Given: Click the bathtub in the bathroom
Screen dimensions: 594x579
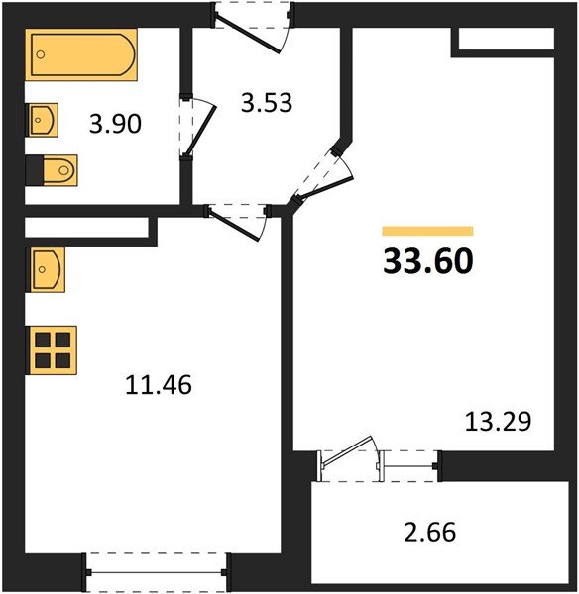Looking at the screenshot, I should click(x=82, y=58).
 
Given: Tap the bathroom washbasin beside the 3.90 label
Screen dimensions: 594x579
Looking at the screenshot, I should click(x=43, y=122).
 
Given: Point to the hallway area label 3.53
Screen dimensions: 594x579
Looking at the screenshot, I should click(x=267, y=102).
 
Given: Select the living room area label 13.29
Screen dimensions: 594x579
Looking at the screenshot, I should click(x=499, y=423).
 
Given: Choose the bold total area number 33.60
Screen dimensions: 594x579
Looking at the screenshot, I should click(x=428, y=260).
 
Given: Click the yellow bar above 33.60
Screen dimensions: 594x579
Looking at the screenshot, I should click(x=427, y=231).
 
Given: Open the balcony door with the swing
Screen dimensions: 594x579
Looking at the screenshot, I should click(x=348, y=458).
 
